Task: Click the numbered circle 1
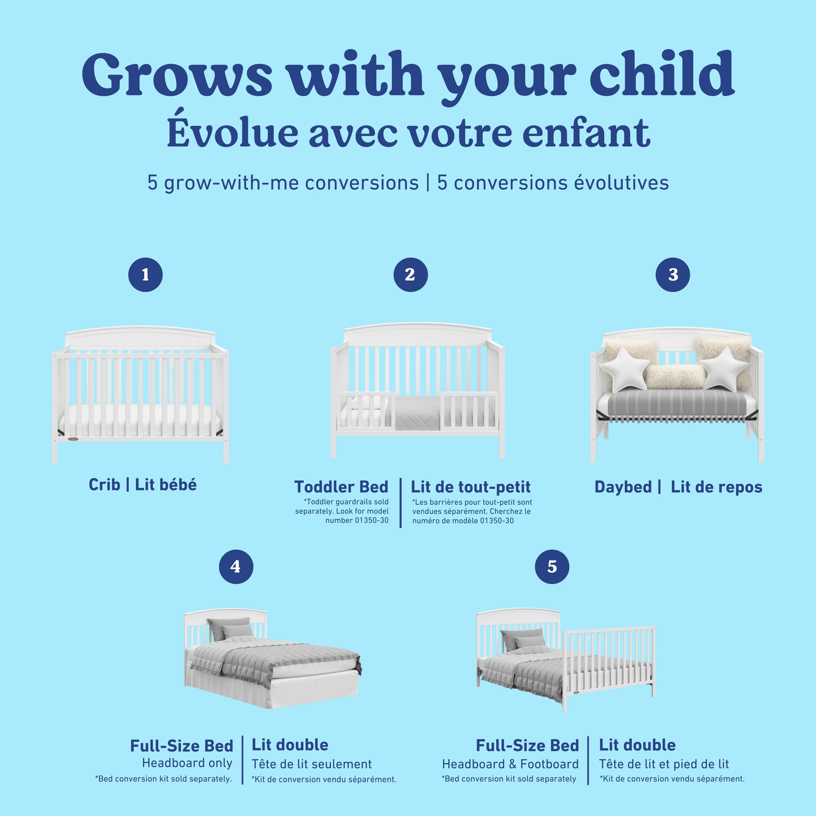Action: pyautogui.click(x=145, y=275)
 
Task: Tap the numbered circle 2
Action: pyautogui.click(x=410, y=275)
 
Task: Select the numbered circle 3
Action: pyautogui.click(x=673, y=275)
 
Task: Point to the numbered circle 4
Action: pyautogui.click(x=236, y=566)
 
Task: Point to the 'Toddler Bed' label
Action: pyautogui.click(x=341, y=487)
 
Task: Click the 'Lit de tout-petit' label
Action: pyautogui.click(x=470, y=487)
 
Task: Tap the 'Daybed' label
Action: pyautogui.click(x=623, y=487)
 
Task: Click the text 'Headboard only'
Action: pyautogui.click(x=187, y=763)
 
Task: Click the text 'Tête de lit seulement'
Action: pyautogui.click(x=312, y=764)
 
